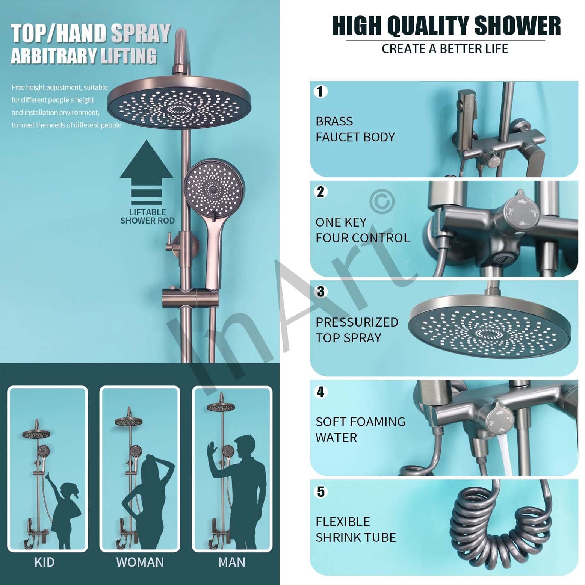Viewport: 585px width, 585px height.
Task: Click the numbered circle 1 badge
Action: coord(320,91)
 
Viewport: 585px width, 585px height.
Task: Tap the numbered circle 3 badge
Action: coord(320,292)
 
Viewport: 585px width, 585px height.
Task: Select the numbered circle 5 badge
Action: coord(320,492)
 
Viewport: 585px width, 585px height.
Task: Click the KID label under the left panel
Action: coord(44,562)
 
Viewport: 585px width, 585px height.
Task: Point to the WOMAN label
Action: coord(140,562)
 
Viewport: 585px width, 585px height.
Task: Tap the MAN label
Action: coord(232,562)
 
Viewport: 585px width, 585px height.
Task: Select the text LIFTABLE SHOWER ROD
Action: coord(147,216)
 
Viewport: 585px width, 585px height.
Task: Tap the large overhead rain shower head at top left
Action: coord(179,102)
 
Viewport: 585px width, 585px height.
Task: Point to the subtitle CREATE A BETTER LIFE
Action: coord(445,49)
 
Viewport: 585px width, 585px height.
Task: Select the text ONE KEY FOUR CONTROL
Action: coord(363,230)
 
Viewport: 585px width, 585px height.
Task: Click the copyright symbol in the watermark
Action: coord(382,201)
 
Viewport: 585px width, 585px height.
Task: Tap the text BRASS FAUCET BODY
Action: coord(355,129)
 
